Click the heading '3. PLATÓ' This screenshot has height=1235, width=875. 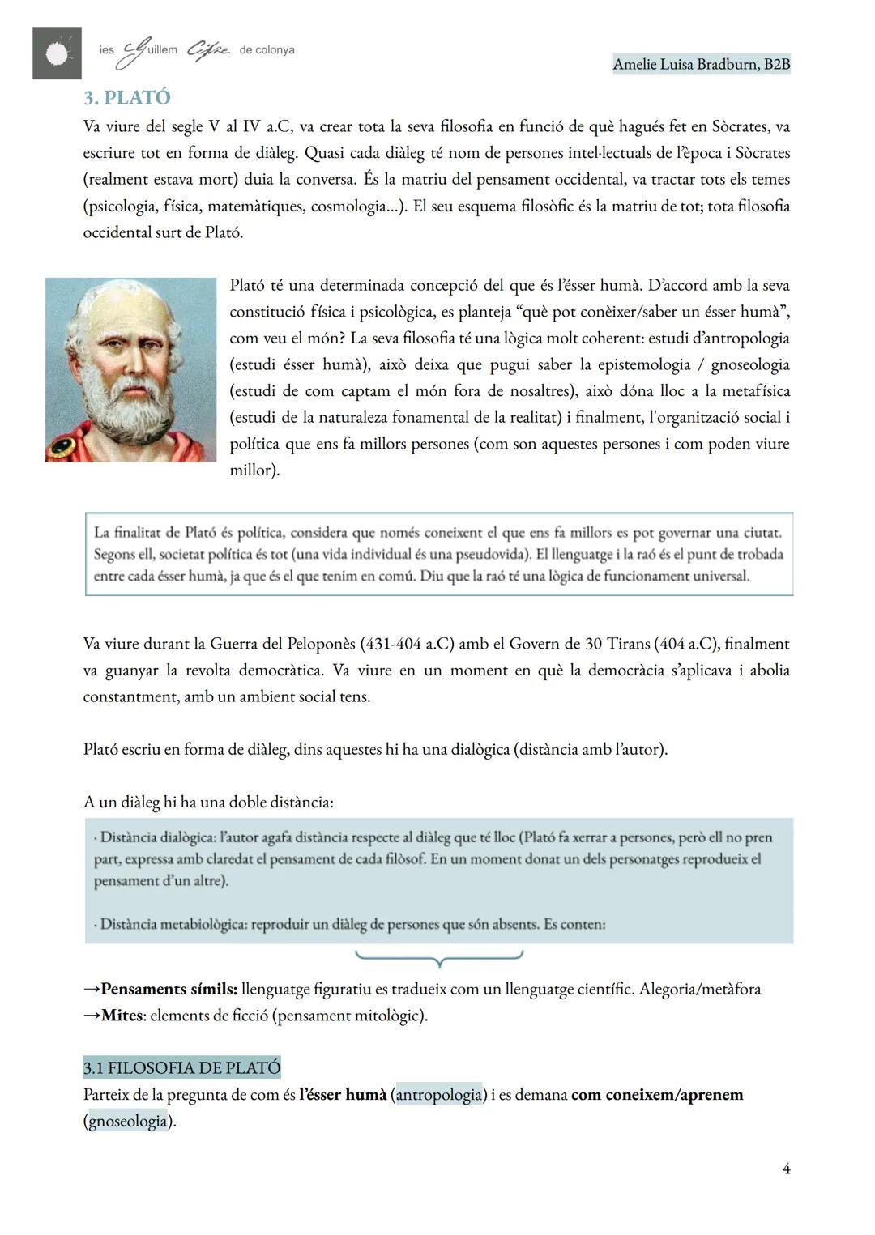(x=126, y=97)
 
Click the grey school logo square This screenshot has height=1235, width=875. (x=57, y=53)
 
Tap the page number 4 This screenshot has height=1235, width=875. (x=785, y=1169)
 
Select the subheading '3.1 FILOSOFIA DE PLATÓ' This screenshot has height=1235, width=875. (x=181, y=1067)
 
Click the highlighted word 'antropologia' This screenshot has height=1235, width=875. (x=438, y=1095)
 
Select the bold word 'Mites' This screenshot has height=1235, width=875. (x=122, y=1016)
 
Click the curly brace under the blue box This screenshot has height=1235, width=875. (x=438, y=959)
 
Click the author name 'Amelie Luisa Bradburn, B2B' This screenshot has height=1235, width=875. (x=701, y=64)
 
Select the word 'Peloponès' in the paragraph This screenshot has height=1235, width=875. (x=321, y=644)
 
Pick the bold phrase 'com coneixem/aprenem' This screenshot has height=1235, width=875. (x=656, y=1095)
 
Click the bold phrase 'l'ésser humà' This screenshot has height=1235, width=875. (x=342, y=1095)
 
